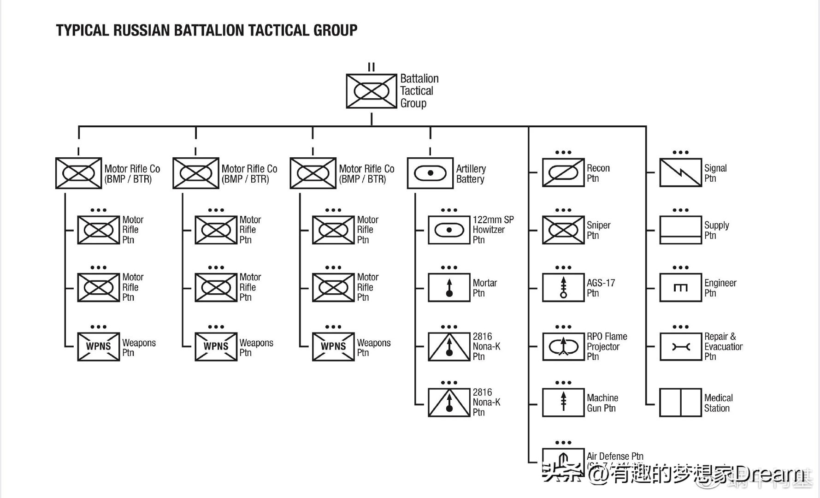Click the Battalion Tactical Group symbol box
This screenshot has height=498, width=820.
point(372,91)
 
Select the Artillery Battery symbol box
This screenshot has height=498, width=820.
point(430,173)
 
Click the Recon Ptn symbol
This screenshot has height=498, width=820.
point(563,173)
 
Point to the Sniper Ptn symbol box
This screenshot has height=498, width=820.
point(563,230)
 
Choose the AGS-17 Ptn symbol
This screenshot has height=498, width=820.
point(563,288)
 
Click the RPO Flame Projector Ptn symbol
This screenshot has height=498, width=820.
point(563,346)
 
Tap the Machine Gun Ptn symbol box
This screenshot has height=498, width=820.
point(563,403)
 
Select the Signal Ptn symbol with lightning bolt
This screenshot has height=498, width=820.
point(680,173)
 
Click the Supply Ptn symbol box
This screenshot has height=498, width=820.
point(680,230)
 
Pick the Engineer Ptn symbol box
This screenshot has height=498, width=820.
point(680,288)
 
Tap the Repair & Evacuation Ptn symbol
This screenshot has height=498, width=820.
point(680,346)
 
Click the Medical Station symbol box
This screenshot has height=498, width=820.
point(680,403)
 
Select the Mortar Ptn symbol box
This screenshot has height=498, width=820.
point(449,288)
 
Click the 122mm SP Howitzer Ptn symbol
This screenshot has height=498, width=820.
point(449,230)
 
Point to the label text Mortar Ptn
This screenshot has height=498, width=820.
point(484,288)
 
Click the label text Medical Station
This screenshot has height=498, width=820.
point(718,403)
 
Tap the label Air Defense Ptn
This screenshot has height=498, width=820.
point(615,456)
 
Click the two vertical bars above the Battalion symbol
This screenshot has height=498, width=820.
point(372,67)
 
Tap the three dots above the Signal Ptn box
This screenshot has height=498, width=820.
point(680,152)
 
